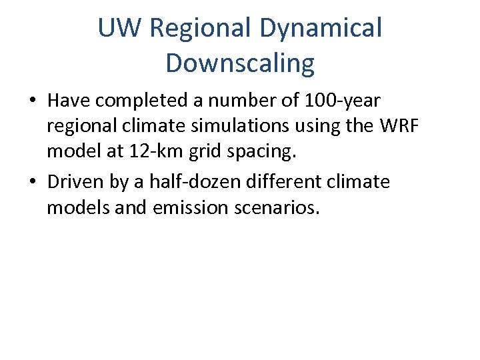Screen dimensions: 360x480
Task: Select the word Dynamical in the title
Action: [321, 29]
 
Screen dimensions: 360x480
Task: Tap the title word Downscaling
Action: [240, 63]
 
